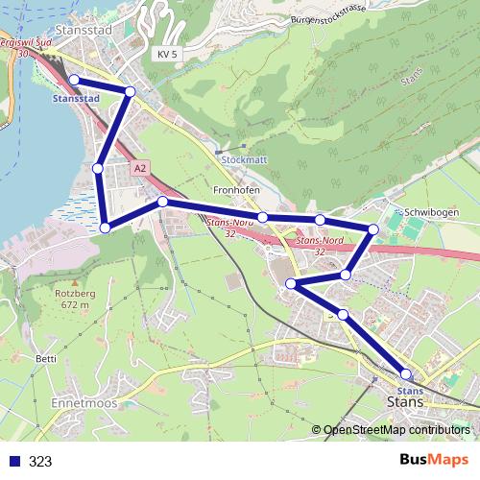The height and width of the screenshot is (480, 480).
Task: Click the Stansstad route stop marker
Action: [x=74, y=80]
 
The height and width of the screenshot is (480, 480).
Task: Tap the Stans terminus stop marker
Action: [x=406, y=374]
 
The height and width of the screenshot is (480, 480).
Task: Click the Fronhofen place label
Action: [x=236, y=190]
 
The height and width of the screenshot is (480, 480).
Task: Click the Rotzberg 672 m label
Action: [x=74, y=299]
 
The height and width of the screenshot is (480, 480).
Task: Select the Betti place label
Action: [x=46, y=359]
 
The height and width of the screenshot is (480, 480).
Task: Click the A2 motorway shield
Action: [x=142, y=168]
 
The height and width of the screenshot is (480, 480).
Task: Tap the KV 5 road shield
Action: [x=167, y=55]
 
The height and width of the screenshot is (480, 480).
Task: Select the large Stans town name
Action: [x=403, y=403]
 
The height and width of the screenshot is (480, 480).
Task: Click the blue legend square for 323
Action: [x=14, y=461]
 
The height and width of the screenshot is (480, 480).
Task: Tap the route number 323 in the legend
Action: [x=40, y=461]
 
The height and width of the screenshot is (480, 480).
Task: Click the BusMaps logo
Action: [x=434, y=460]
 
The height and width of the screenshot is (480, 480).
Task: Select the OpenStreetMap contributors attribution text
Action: [x=397, y=430]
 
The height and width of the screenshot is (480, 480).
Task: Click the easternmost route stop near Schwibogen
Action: [x=373, y=228]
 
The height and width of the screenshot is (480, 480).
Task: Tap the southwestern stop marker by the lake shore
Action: [x=106, y=228]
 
